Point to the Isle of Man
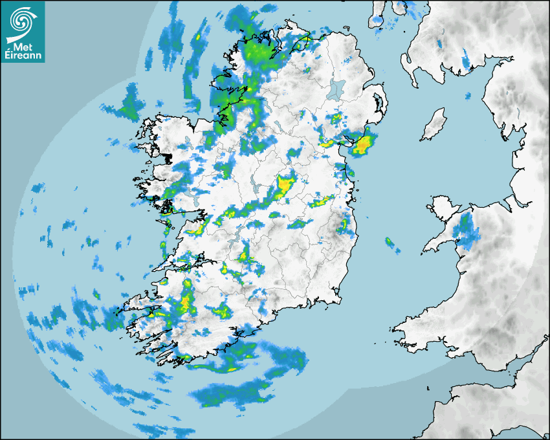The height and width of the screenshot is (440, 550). coord(434,125)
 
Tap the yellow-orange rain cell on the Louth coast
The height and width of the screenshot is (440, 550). coord(363,144)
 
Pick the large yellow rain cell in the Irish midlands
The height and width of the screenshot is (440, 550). coord(284,186)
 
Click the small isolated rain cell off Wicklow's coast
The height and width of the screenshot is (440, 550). coord(390,244)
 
